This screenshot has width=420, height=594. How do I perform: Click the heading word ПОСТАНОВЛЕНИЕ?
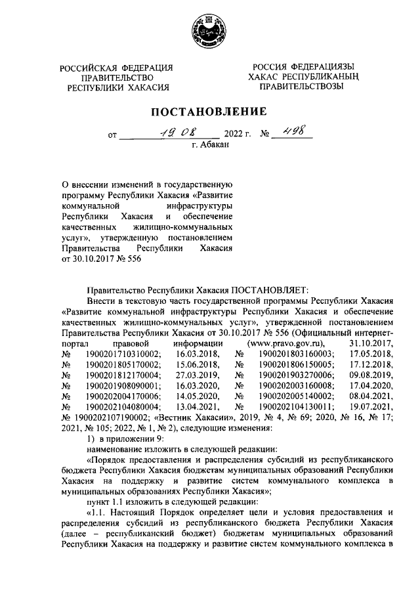(x=209, y=112)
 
